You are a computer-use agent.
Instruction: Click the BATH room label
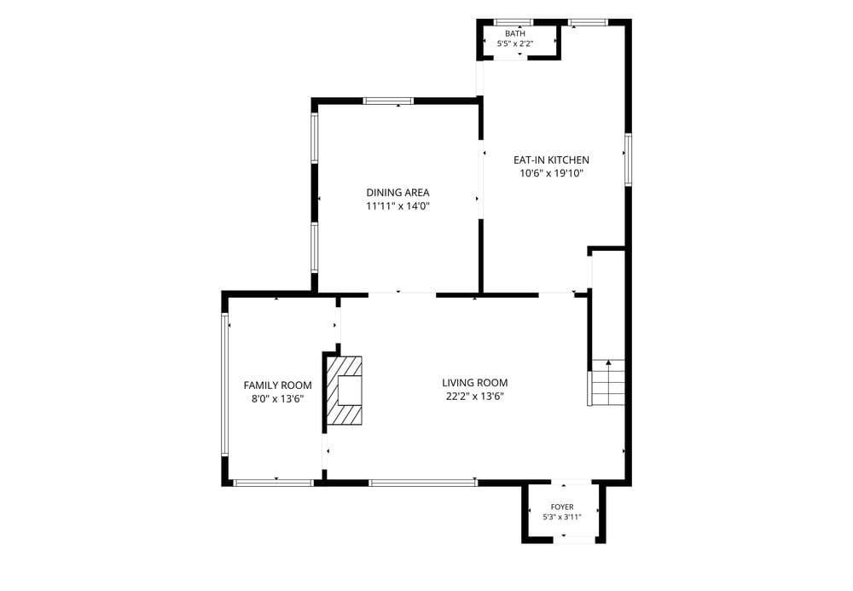(514, 34)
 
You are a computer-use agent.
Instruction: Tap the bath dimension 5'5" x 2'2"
(514, 43)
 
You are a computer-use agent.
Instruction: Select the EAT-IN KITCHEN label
(551, 159)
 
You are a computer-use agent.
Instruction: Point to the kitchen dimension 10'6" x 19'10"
(551, 173)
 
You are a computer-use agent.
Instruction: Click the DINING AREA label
(397, 193)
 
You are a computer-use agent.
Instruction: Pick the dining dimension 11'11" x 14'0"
(397, 206)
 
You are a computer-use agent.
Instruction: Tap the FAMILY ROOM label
(277, 385)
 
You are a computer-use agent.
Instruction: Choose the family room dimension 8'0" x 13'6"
(277, 399)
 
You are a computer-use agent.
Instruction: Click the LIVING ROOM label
(475, 383)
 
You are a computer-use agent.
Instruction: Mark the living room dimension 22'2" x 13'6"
(475, 397)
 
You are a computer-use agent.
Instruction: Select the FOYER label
(562, 507)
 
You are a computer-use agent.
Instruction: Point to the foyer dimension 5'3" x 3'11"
(562, 517)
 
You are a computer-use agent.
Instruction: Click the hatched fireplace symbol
(344, 391)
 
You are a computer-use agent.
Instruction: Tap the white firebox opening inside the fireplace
(350, 391)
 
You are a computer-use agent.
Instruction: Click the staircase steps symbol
(607, 382)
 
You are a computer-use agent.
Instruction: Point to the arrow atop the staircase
(608, 362)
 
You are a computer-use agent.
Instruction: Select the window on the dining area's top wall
(388, 101)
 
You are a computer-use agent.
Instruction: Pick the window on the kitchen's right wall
(628, 159)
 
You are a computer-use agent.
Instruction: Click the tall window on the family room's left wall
(224, 385)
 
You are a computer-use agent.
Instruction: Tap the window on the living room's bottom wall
(423, 482)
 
